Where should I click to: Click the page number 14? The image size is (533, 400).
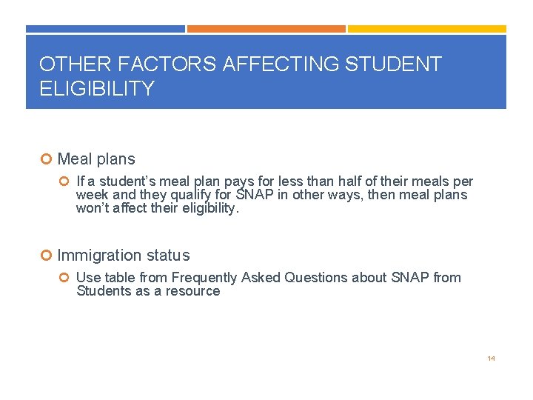(491, 359)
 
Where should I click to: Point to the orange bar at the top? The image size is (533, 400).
(266, 29)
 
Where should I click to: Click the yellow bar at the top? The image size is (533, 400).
(427, 29)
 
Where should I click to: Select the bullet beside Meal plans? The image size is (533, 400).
(46, 159)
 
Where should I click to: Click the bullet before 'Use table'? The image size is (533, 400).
(65, 278)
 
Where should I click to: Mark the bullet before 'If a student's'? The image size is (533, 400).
(65, 181)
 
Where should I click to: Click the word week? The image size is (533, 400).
(92, 195)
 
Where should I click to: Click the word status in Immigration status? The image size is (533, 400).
(167, 256)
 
